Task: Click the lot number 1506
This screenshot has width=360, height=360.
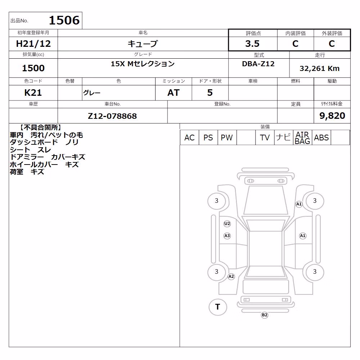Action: point(64,20)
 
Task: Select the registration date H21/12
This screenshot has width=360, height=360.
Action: point(33,44)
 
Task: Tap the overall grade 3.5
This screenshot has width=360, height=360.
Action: point(252,44)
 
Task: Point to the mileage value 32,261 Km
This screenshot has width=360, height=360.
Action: point(319,68)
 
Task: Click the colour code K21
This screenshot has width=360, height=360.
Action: point(33,93)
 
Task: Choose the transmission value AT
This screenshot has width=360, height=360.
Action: point(174,93)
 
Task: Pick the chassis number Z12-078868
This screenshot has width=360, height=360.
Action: point(112,116)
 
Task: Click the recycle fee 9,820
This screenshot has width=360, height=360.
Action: point(332,116)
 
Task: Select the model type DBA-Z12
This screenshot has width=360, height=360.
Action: point(258,64)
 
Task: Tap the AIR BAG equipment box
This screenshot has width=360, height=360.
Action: point(302,138)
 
